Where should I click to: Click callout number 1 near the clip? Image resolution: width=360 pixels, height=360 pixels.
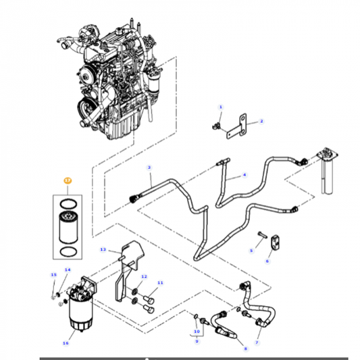point(220,107)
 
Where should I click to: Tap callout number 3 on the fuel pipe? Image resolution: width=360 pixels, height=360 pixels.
point(149,168)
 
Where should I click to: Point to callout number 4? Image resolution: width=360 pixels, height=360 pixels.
point(245,174)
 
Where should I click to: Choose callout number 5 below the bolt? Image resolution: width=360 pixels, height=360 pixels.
point(251,250)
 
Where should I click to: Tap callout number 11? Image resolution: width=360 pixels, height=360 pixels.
point(160,282)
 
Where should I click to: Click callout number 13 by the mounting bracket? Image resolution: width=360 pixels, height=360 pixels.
point(103,249)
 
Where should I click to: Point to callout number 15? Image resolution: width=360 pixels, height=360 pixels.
point(54,275)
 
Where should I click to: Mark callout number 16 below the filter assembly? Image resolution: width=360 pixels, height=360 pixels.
point(66,343)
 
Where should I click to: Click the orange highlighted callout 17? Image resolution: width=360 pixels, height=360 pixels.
point(67,181)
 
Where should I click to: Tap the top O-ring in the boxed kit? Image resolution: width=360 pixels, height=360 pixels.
point(67,202)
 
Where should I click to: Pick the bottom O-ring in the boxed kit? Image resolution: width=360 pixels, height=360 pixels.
point(67,253)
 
